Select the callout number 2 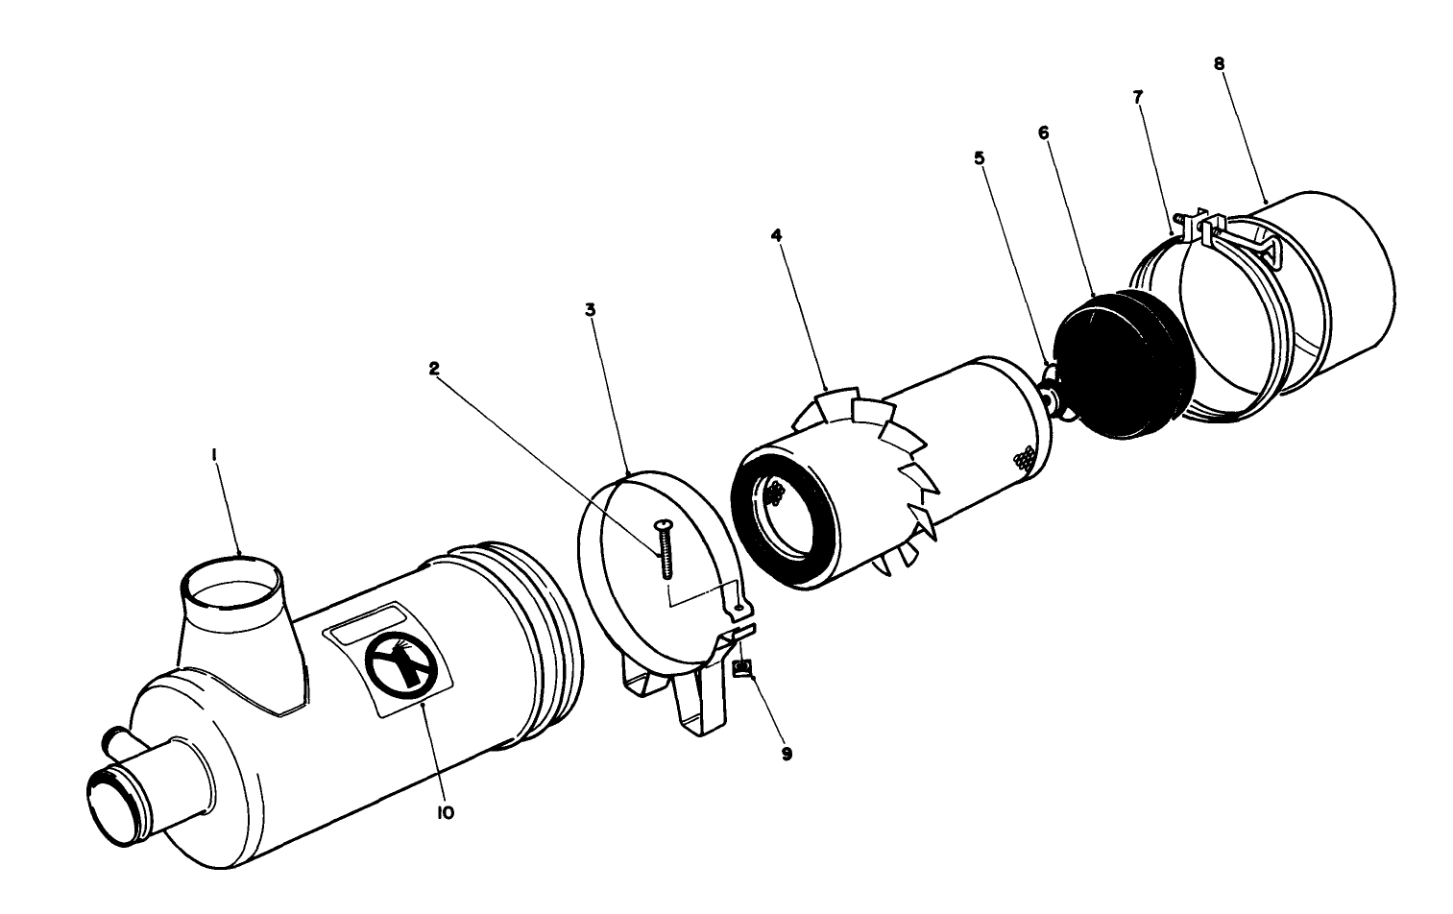(x=434, y=368)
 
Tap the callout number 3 (x=591, y=310)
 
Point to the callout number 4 (x=775, y=235)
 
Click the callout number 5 (x=979, y=156)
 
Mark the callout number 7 (x=1138, y=98)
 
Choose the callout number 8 (x=1219, y=63)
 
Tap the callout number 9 (x=787, y=754)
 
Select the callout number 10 (x=445, y=812)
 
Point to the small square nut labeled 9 (x=741, y=669)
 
